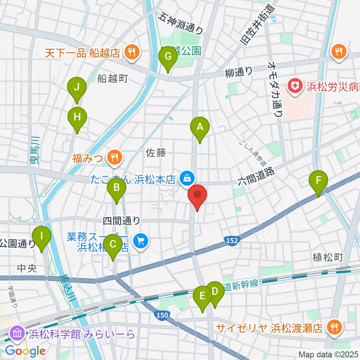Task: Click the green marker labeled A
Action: (200, 127)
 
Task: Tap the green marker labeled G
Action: (168, 57)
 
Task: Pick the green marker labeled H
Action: (77, 117)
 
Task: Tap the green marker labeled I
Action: (41, 236)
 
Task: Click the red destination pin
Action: (197, 196)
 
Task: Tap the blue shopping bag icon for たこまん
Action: (187, 178)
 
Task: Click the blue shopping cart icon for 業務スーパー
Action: (141, 240)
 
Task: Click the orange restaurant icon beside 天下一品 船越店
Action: (132, 52)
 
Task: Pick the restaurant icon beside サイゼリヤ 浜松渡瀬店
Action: (333, 327)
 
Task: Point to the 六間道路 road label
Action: (256, 177)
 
